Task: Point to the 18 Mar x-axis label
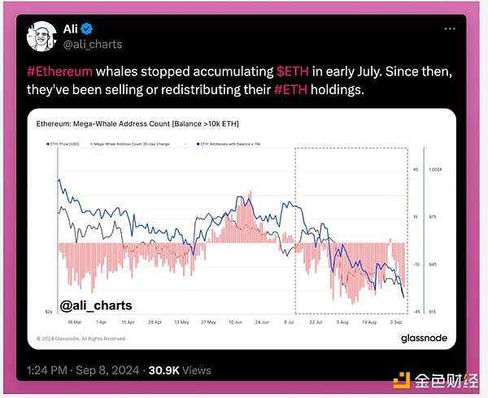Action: click(x=61, y=322)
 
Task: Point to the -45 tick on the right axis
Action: click(x=416, y=312)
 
